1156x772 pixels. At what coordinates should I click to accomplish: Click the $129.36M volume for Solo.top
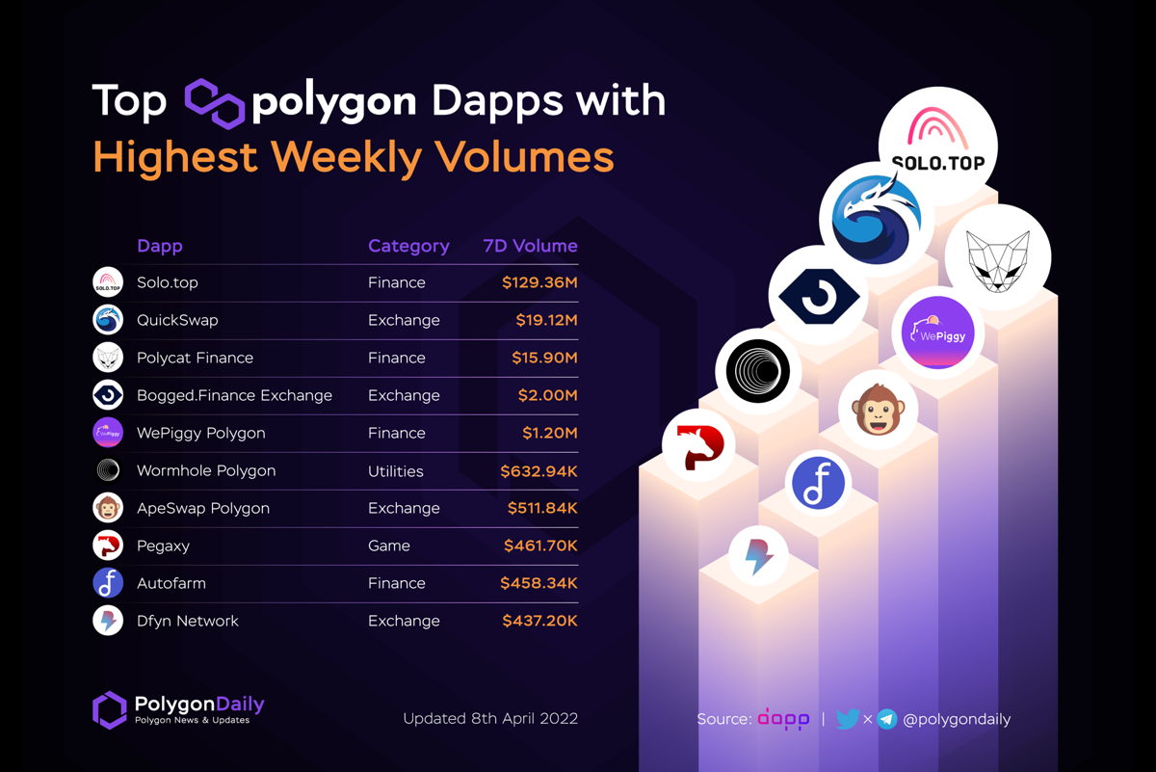coord(539,283)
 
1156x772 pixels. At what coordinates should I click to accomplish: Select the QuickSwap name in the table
coord(177,320)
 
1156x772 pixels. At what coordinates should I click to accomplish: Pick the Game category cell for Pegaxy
coord(388,546)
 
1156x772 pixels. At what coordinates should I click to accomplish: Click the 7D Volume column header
coord(530,246)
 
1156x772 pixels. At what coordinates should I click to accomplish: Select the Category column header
coord(408,246)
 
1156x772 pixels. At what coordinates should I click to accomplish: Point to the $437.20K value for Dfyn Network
coord(539,622)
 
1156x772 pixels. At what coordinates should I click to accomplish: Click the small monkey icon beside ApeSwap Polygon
coord(107,508)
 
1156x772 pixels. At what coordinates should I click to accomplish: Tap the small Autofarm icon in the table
coord(107,583)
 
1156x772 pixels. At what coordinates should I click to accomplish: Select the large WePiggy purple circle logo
coord(939,333)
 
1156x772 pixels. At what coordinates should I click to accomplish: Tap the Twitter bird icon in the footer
coord(847,719)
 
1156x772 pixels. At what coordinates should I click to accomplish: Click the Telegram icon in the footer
coord(887,719)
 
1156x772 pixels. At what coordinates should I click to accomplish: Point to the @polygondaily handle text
coord(958,719)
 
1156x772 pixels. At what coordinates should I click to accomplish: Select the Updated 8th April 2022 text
coord(490,719)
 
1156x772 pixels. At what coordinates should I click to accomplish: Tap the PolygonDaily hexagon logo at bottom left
coord(109,709)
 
